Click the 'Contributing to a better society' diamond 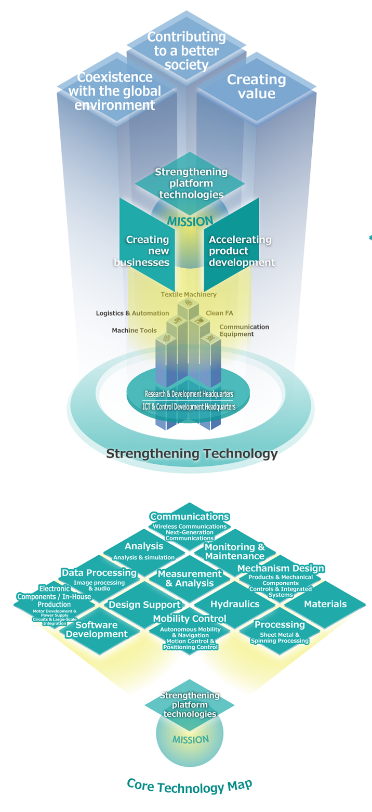click(186, 51)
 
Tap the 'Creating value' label click(257, 86)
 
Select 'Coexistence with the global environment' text click(115, 91)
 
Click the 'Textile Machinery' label click(188, 295)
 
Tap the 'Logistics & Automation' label click(132, 313)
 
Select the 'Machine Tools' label click(134, 330)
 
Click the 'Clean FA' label click(219, 313)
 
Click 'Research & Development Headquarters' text click(189, 394)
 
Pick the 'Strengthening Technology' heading click(192, 454)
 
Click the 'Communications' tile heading click(190, 517)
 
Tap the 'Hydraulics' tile click(235, 604)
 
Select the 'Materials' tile click(325, 604)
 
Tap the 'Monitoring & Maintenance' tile click(235, 552)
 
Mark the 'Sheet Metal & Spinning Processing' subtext click(280, 638)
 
